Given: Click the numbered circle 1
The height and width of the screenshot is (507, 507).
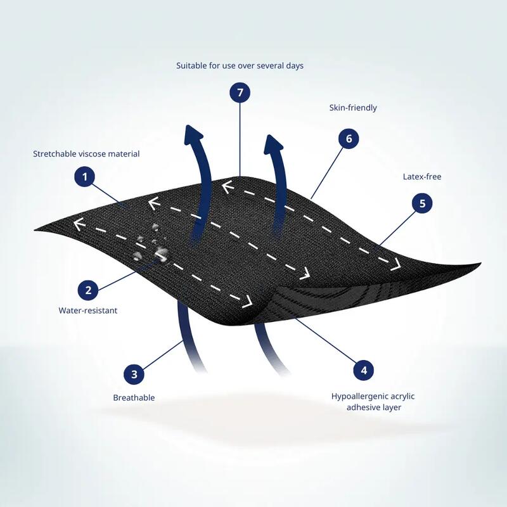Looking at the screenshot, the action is coord(85,177).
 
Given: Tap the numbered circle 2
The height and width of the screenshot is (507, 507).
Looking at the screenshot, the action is coord(88,290).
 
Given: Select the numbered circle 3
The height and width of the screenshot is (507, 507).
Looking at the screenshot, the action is coord(134,374).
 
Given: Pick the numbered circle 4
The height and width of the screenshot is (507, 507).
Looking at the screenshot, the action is coord(364,370).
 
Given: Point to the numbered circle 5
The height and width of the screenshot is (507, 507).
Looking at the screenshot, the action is coord(422,203).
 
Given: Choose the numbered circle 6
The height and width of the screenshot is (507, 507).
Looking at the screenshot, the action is coord(349,138).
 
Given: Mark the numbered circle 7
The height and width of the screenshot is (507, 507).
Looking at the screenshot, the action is coord(240,93).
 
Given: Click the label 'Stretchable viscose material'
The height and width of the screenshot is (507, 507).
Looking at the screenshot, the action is coord(86,153).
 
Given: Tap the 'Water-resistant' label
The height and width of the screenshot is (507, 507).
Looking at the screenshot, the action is coord(88,311).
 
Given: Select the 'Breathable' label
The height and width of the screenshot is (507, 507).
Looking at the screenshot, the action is coord(134,397).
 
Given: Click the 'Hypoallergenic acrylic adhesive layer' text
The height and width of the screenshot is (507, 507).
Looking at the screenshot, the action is coord(373,402).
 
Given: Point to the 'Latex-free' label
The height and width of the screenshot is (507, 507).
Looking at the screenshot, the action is coord(422,177).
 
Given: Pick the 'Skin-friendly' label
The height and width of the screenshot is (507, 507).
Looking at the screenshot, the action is coord(353,108).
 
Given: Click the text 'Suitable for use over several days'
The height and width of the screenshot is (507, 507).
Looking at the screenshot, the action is coord(240,66).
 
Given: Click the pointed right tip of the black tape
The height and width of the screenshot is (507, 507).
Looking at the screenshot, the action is coord(480,264).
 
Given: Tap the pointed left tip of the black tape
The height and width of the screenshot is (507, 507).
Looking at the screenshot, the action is coord(35,230).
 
